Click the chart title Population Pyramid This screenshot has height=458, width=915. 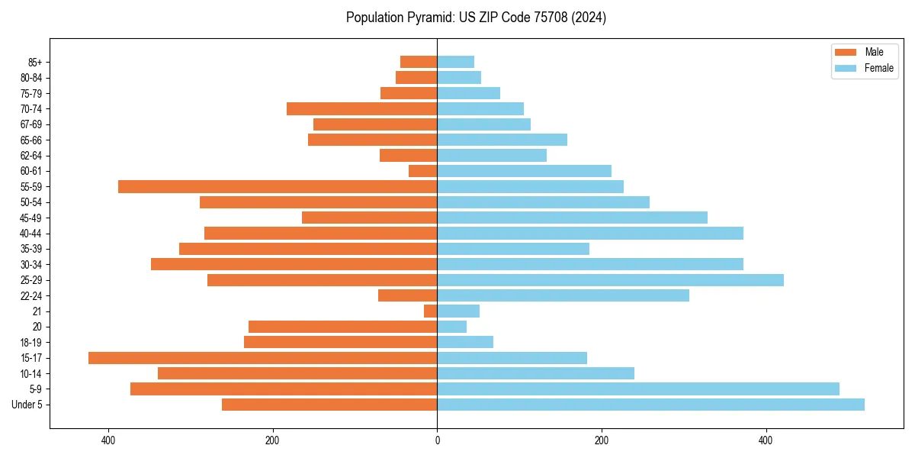[476, 18]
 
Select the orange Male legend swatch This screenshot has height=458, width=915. [846, 52]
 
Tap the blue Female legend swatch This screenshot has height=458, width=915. [846, 68]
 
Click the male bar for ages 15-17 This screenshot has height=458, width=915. [262, 358]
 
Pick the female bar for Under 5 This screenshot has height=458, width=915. [650, 405]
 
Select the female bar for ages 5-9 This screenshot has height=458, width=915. [637, 389]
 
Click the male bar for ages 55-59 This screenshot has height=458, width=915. [278, 186]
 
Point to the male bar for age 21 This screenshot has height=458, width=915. [431, 311]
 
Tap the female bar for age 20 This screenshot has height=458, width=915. [451, 327]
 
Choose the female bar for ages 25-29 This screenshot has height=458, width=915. [610, 280]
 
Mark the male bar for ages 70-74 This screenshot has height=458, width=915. [361, 108]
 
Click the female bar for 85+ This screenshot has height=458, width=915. [455, 62]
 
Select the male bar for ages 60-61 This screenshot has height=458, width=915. [423, 171]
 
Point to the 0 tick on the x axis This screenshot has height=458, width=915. [437, 440]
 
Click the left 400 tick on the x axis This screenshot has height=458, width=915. [108, 440]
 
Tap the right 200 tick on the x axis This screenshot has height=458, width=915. [602, 440]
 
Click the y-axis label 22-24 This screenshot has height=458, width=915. [31, 295]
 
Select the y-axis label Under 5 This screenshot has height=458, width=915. [27, 405]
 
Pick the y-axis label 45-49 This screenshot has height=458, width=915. [31, 218]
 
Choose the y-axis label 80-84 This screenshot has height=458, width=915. [31, 77]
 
